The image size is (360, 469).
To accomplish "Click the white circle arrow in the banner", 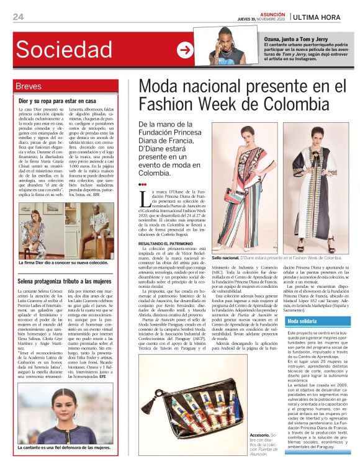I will click(185, 50).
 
